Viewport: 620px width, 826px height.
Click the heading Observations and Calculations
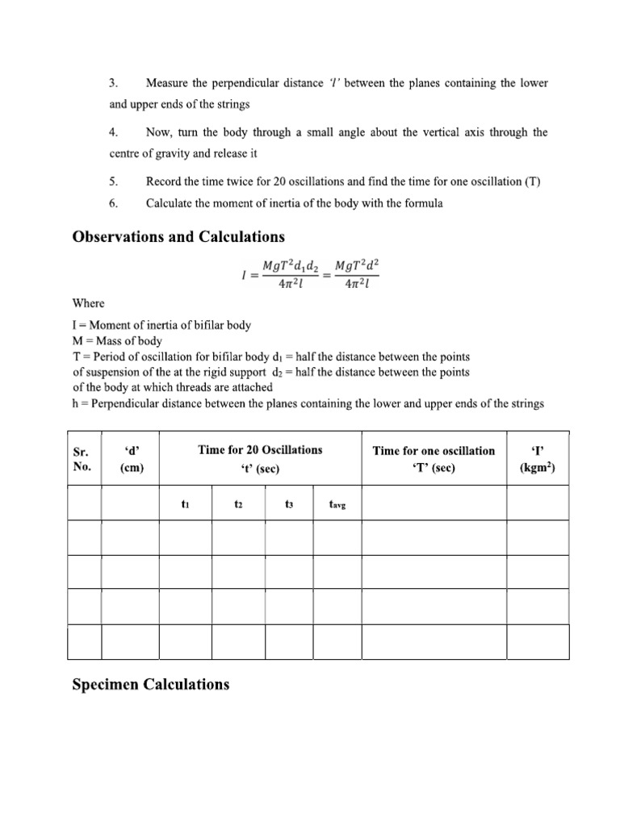(x=178, y=236)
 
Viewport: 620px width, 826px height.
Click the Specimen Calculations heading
(x=151, y=684)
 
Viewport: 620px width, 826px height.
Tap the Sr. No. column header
(x=82, y=458)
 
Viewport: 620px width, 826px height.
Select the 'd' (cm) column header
(x=129, y=458)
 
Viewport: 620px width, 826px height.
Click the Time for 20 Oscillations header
(x=260, y=450)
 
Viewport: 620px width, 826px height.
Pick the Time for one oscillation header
(x=434, y=458)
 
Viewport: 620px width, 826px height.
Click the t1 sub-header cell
(x=186, y=504)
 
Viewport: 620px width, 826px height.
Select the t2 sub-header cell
(x=238, y=504)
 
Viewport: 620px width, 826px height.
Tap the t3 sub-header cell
(x=289, y=504)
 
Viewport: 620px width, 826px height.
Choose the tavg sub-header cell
(x=337, y=505)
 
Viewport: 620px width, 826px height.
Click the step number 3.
(x=114, y=83)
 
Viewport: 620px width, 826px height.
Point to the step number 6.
(x=114, y=203)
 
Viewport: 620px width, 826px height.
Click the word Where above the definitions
(x=89, y=303)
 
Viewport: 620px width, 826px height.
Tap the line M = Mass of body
(x=117, y=341)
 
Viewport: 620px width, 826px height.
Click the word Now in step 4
(x=159, y=132)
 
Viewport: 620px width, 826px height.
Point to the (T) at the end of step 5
(x=532, y=181)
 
